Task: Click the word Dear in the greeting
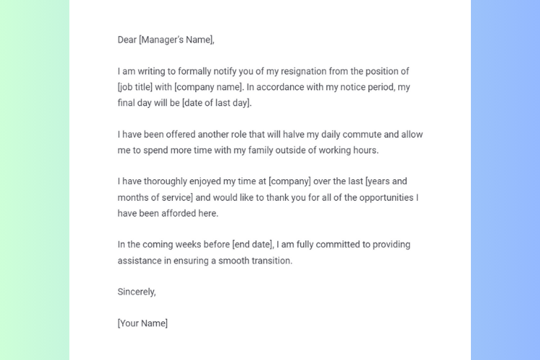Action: coord(127,40)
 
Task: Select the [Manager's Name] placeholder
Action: coord(176,40)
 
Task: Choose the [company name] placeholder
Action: coord(209,87)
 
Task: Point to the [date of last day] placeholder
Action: coord(217,103)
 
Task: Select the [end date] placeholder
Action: coord(251,245)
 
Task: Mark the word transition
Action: coord(271,261)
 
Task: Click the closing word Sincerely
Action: coord(137,292)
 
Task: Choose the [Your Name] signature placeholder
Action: coord(143,323)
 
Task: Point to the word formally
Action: coord(189,71)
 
